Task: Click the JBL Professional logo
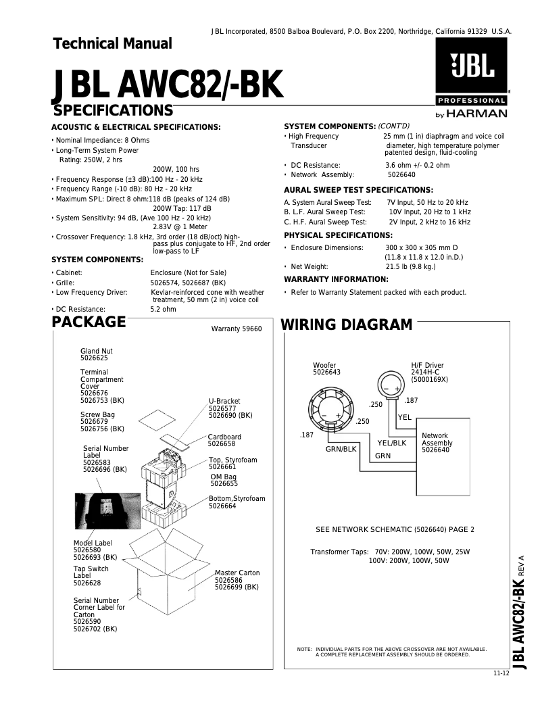[x=471, y=78]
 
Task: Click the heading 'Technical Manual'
[x=112, y=44]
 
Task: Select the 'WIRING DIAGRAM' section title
[x=346, y=324]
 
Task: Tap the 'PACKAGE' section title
[x=89, y=322]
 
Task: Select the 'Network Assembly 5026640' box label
[x=437, y=443]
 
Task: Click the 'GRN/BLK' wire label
[x=341, y=449]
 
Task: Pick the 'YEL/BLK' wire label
[x=392, y=443]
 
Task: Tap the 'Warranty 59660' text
[x=236, y=329]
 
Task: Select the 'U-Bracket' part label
[x=224, y=402]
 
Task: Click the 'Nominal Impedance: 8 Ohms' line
[x=101, y=140]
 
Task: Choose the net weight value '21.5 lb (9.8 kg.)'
[x=410, y=266]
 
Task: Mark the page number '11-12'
[x=501, y=675]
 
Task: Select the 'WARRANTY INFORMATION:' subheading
[x=336, y=279]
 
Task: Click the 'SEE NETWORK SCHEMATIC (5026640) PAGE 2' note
[x=395, y=529]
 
